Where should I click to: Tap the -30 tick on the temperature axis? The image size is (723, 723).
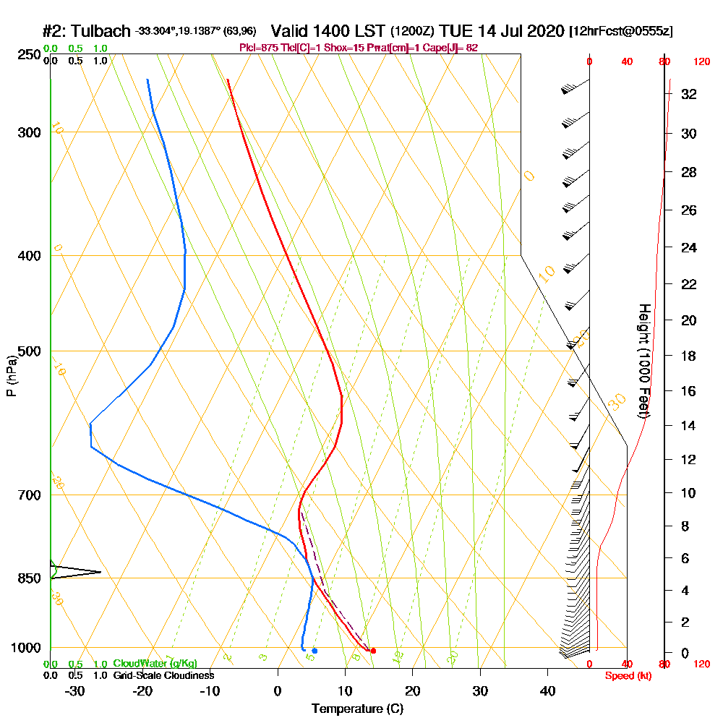pyautogui.click(x=75, y=691)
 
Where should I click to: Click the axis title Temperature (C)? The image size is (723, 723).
pyautogui.click(x=357, y=709)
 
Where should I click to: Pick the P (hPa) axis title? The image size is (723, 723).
pyautogui.click(x=11, y=376)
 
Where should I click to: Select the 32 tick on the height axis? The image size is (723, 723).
pyautogui.click(x=689, y=94)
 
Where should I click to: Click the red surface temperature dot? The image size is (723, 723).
pyautogui.click(x=373, y=651)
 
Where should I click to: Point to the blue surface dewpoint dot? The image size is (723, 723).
pyautogui.click(x=315, y=651)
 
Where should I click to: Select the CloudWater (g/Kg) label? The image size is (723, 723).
pyautogui.click(x=155, y=664)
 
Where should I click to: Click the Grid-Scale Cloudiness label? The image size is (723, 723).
pyautogui.click(x=163, y=675)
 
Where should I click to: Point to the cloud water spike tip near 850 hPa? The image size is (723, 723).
pyautogui.click(x=100, y=573)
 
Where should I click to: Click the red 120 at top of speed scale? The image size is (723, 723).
pyautogui.click(x=701, y=62)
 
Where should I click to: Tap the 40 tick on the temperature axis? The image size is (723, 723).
pyautogui.click(x=547, y=691)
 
